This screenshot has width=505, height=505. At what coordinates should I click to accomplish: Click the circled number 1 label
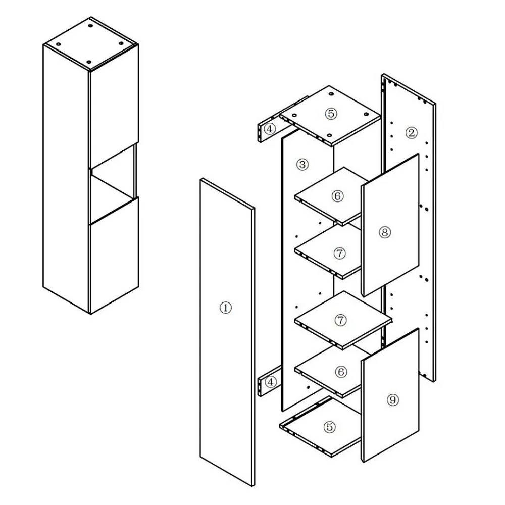tap(225, 308)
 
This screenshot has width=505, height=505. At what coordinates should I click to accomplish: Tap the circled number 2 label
tap(411, 133)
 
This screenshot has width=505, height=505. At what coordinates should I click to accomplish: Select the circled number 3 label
tap(302, 165)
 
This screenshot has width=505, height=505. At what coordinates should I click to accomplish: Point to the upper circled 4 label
tap(270, 129)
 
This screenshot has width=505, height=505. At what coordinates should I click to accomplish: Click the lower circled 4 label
tap(271, 382)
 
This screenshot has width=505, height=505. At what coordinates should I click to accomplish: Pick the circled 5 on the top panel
tap(331, 114)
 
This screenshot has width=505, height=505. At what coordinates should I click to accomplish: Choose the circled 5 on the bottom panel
tap(329, 427)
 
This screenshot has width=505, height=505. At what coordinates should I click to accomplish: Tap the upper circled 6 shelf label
tap(337, 196)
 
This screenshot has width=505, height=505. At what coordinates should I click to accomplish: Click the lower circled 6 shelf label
tap(341, 372)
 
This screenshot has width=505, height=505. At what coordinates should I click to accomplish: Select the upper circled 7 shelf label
tap(340, 254)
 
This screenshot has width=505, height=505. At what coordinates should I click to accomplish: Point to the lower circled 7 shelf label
tap(340, 320)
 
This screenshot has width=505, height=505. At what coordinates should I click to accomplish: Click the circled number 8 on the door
tap(384, 232)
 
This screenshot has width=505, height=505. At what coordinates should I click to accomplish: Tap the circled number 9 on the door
tap(392, 400)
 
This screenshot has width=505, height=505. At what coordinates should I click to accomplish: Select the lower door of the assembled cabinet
tap(114, 256)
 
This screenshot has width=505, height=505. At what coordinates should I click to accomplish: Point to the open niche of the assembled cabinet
tap(113, 187)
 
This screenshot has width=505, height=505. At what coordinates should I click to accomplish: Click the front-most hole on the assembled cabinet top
tap(89, 62)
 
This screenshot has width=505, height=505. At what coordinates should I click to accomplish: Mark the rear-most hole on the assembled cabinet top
tap(91, 25)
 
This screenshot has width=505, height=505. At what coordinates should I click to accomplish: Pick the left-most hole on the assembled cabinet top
tap(58, 44)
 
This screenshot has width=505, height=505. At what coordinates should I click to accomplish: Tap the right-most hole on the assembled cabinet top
tap(121, 43)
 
